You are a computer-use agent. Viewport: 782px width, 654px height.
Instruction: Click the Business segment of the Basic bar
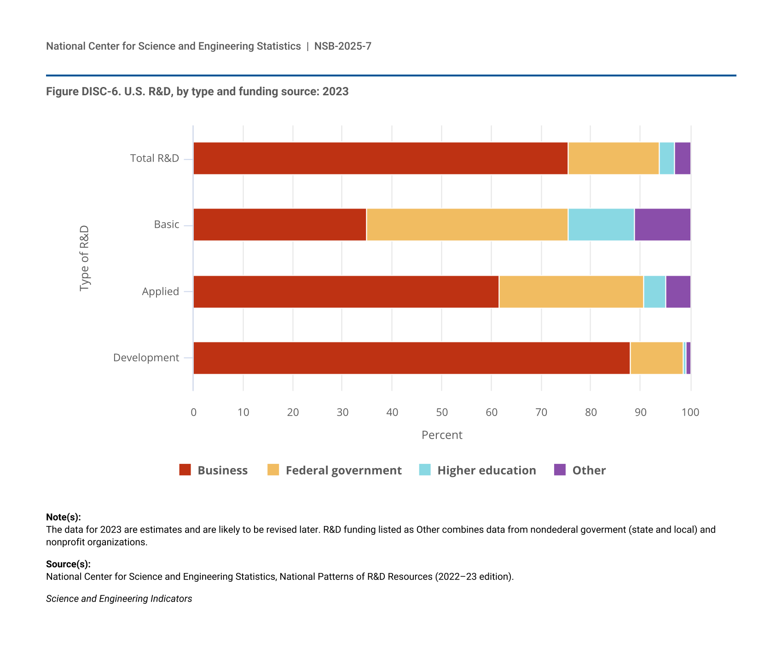[280, 225]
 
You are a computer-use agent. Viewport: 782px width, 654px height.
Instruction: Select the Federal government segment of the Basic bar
[467, 225]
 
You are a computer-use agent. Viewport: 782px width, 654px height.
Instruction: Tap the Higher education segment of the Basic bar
[601, 225]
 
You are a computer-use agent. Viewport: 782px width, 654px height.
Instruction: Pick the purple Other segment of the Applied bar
[678, 292]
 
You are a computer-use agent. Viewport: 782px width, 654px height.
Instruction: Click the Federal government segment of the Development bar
[656, 358]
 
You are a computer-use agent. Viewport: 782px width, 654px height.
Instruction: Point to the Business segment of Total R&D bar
[381, 158]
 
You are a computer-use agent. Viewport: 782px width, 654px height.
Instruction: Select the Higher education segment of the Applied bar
[655, 292]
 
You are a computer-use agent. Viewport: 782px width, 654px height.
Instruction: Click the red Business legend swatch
[185, 470]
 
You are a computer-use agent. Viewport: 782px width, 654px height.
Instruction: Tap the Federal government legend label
[343, 470]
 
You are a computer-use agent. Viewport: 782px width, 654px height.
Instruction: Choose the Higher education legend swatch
[425, 470]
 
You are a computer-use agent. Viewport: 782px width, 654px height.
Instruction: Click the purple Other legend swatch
[560, 470]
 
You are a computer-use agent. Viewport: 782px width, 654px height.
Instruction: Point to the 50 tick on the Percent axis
[442, 412]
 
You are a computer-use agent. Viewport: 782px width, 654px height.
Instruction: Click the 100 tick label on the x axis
[690, 412]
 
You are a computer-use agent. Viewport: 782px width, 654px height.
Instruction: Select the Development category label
[146, 358]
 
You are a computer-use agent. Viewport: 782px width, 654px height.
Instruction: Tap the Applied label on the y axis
[160, 291]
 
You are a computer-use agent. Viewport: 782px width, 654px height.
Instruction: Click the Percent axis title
[442, 435]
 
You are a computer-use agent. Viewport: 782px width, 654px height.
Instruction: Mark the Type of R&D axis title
[84, 258]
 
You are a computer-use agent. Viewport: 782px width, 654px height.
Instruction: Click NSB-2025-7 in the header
[342, 46]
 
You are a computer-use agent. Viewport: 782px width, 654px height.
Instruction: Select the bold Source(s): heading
[68, 564]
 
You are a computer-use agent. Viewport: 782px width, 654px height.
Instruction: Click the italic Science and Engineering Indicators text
[119, 599]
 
